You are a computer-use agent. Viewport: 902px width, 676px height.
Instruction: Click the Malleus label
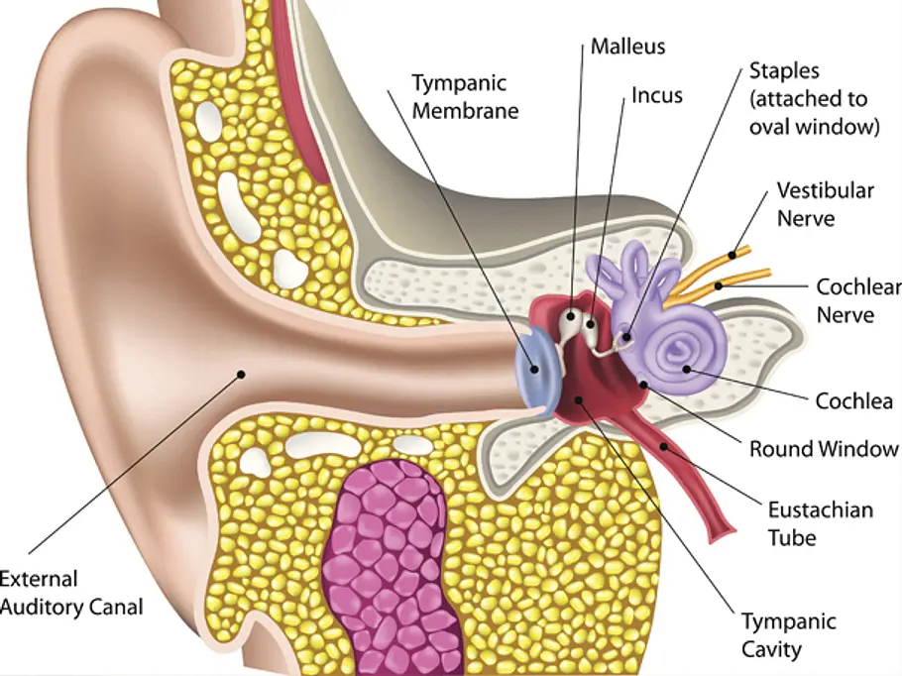tap(627, 47)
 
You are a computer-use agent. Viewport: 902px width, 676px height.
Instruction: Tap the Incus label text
tap(657, 95)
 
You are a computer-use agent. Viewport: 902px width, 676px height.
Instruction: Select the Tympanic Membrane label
tap(465, 97)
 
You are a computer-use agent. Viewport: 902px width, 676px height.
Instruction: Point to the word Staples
tap(784, 70)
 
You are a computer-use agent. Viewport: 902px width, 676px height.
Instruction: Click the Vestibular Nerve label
tap(826, 204)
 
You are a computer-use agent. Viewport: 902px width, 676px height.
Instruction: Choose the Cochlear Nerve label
tap(858, 300)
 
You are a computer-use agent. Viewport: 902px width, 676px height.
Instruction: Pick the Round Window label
tap(824, 449)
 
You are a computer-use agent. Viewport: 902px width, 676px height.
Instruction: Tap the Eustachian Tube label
tap(821, 523)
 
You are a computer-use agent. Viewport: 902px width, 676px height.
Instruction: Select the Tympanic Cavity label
tap(788, 635)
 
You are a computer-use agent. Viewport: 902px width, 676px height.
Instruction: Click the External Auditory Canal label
tap(70, 593)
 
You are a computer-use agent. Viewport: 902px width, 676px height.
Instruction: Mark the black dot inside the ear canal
tap(241, 375)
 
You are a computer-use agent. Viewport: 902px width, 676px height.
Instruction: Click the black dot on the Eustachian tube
tap(663, 446)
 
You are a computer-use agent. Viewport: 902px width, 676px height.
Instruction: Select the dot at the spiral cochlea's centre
tap(686, 369)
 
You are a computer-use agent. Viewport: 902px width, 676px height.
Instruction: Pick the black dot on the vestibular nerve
tap(732, 255)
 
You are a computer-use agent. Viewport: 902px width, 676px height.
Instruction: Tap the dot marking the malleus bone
tap(571, 315)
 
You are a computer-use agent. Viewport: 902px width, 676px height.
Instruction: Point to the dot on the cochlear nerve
tap(718, 285)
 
